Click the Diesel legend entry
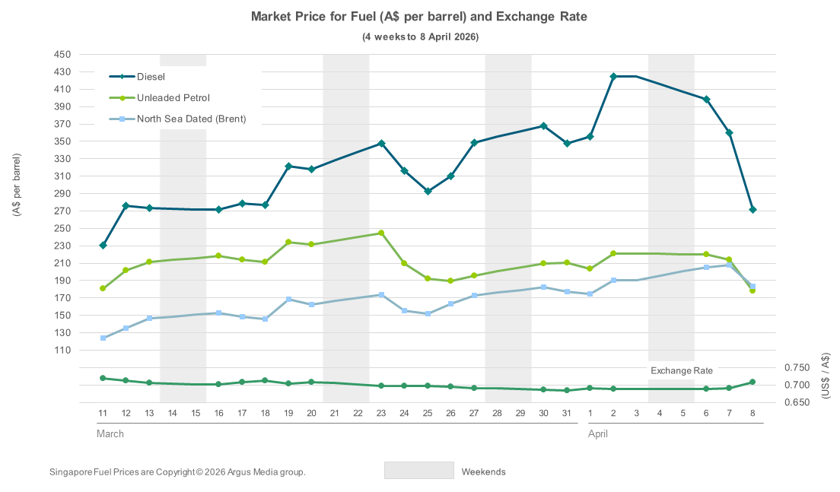[151, 76]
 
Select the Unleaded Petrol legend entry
[173, 97]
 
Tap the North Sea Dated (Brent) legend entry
[191, 119]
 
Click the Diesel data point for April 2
[613, 76]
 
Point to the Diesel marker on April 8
[752, 209]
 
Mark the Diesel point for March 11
[103, 245]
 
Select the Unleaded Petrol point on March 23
[381, 233]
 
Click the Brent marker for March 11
[103, 338]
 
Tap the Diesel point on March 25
[428, 191]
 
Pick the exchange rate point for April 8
[752, 382]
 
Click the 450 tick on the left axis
[62, 55]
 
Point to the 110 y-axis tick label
[62, 351]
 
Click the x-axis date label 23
[381, 412]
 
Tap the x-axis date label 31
[567, 412]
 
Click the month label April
[597, 433]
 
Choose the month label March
[110, 433]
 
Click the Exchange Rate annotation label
[682, 370]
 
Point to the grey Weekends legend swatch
[418, 471]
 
